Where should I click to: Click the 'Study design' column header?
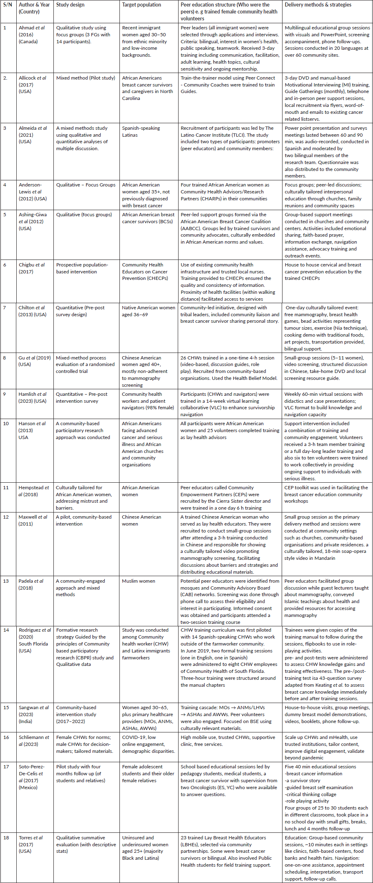pyautogui.click(x=70, y=5)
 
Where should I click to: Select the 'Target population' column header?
pyautogui.click(x=141, y=5)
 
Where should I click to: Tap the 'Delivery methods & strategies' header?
pyautogui.click(x=318, y=5)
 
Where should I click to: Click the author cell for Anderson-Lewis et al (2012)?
pyautogui.click(x=33, y=192)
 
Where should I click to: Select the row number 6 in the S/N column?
pyautogui.click(x=5, y=265)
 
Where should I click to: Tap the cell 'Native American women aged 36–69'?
pyautogui.click(x=148, y=311)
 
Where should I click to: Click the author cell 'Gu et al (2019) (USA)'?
pyautogui.click(x=34, y=361)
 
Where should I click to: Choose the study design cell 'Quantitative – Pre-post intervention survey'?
pyautogui.click(x=82, y=397)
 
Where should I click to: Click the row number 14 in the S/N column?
pyautogui.click(x=6, y=630)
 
